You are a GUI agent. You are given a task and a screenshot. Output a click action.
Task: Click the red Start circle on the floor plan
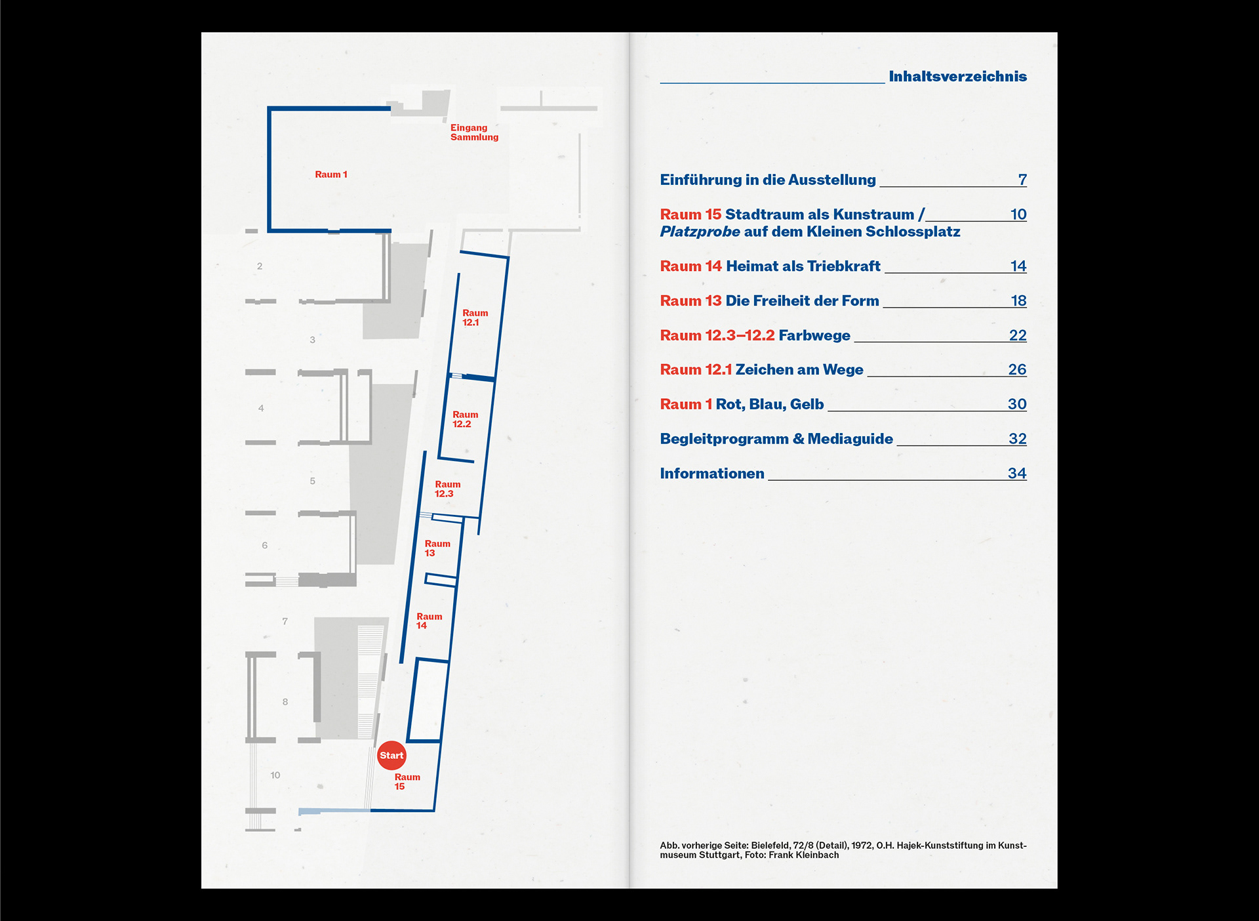tap(391, 755)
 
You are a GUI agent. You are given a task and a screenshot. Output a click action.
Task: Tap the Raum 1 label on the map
tap(330, 174)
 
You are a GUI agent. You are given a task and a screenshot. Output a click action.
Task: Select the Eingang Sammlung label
tap(473, 133)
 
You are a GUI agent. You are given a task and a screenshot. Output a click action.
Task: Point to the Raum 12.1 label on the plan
tap(475, 317)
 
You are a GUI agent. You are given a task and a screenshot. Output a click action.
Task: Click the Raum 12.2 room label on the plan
tap(465, 419)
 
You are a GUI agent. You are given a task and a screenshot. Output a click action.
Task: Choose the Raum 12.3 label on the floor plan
tap(447, 489)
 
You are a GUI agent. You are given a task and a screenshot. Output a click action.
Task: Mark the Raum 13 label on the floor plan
tap(437, 548)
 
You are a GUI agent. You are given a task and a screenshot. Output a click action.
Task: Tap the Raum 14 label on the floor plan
tap(429, 621)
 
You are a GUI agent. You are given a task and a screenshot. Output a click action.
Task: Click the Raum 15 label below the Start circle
tap(407, 781)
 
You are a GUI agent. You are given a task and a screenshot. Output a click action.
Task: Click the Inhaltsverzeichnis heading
tap(957, 77)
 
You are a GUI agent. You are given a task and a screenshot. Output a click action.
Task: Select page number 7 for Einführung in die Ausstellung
tap(1022, 180)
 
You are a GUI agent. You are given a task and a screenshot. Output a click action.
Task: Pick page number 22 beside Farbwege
tap(1017, 335)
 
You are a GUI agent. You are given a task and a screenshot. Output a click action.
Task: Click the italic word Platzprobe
tap(700, 232)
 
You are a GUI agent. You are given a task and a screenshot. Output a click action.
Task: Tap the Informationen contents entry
tap(711, 474)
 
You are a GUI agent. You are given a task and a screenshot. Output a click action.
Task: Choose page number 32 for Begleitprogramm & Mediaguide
tap(1017, 439)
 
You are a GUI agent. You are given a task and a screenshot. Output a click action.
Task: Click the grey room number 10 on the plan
tap(275, 775)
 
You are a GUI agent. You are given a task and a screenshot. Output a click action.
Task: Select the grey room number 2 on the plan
tap(260, 266)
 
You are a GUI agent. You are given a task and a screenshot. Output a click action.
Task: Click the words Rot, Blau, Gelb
tap(769, 405)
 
